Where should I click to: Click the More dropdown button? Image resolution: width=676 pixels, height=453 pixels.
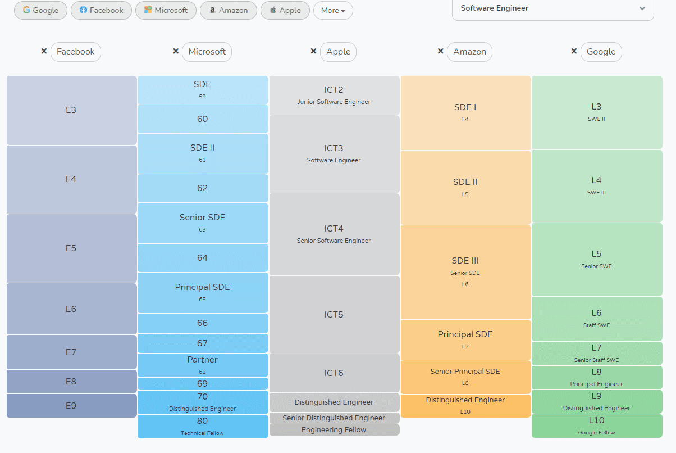pyautogui.click(x=333, y=10)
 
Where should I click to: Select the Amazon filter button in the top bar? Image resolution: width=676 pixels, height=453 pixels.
pyautogui.click(x=228, y=10)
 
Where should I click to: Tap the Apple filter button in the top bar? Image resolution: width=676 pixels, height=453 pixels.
pyautogui.click(x=285, y=10)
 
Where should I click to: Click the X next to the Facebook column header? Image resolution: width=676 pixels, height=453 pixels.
pyautogui.click(x=44, y=51)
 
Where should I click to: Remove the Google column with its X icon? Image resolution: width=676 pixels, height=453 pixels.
pyautogui.click(x=574, y=51)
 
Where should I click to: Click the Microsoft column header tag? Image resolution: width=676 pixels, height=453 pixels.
pyautogui.click(x=207, y=52)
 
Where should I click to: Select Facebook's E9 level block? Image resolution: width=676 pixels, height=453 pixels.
pyautogui.click(x=71, y=405)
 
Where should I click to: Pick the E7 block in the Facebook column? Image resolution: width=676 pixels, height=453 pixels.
pyautogui.click(x=71, y=352)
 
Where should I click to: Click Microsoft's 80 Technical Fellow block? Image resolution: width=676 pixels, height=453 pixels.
pyautogui.click(x=202, y=426)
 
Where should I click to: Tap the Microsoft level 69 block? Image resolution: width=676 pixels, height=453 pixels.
pyautogui.click(x=202, y=384)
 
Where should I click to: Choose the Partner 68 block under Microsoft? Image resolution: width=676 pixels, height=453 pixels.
pyautogui.click(x=202, y=365)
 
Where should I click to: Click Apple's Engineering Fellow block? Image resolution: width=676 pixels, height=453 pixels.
pyautogui.click(x=334, y=430)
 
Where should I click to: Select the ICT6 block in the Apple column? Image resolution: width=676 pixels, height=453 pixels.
pyautogui.click(x=334, y=373)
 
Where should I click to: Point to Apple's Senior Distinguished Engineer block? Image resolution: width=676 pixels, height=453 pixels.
pyautogui.click(x=334, y=418)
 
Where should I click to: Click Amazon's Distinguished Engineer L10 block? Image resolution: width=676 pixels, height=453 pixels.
pyautogui.click(x=465, y=405)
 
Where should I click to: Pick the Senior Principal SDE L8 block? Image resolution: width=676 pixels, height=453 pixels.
pyautogui.click(x=465, y=377)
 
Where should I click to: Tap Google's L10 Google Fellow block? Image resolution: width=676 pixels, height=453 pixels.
pyautogui.click(x=597, y=426)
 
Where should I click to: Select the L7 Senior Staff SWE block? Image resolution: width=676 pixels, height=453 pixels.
pyautogui.click(x=597, y=353)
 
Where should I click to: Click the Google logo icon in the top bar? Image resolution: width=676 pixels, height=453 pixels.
pyautogui.click(x=26, y=10)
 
